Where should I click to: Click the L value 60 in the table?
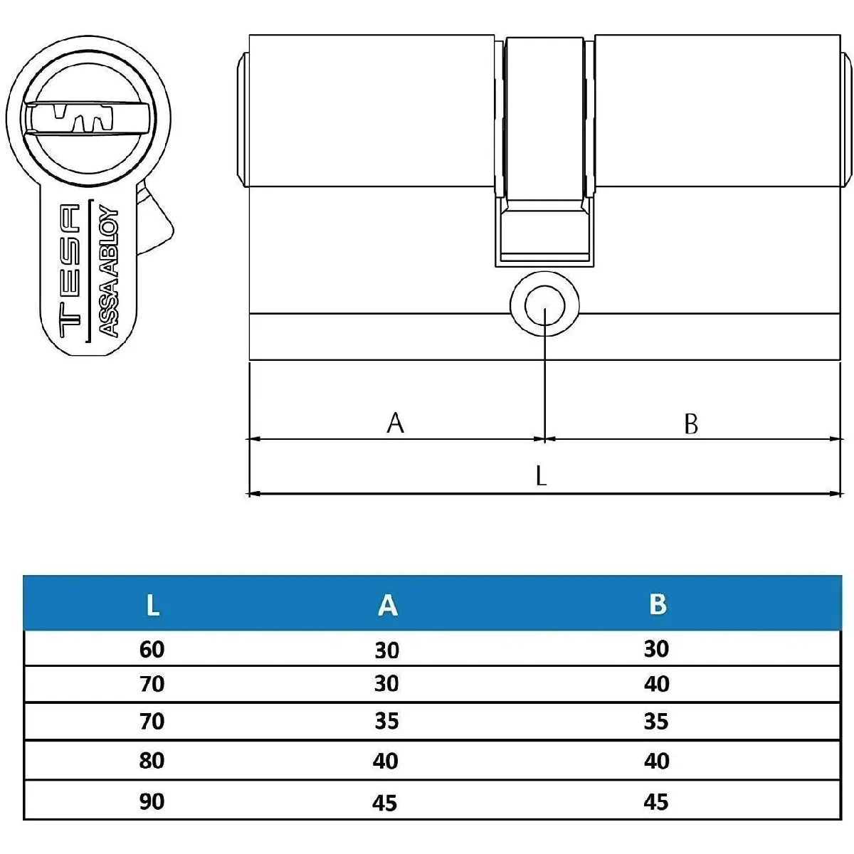click(152, 650)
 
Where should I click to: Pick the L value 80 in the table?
click(152, 761)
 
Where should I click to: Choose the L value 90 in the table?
click(152, 802)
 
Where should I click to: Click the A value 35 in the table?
click(386, 721)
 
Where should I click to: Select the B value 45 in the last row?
click(656, 802)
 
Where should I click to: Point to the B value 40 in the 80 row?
click(656, 761)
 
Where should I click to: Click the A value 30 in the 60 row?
click(387, 650)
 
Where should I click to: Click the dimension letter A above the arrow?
click(395, 423)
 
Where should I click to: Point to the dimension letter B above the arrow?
click(691, 423)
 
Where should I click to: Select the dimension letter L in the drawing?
click(541, 476)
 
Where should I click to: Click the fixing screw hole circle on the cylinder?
click(544, 304)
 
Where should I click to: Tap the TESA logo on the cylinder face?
click(70, 270)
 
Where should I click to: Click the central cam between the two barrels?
click(544, 151)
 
